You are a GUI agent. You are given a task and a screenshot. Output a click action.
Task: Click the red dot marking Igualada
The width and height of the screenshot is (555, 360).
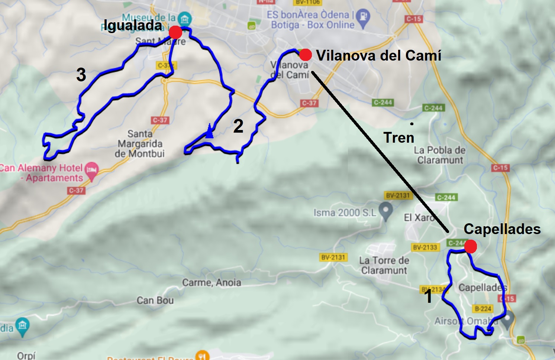tap(175, 32)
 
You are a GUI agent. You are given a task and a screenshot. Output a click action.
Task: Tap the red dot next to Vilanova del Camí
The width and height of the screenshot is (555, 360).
tap(306, 55)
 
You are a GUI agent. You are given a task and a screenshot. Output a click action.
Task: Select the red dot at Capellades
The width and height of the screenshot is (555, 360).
tap(471, 246)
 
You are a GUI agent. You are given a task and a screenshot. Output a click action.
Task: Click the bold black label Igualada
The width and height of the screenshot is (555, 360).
tap(133, 25)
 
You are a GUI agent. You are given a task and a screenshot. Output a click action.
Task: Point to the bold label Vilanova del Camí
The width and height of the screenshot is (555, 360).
tap(379, 56)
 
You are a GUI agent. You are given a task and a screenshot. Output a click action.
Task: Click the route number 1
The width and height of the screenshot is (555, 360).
tap(429, 296)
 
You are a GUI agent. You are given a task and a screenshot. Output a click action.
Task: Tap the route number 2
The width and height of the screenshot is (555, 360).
tap(238, 126)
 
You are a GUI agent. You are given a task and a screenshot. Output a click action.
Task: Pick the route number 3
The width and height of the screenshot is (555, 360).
tap(81, 75)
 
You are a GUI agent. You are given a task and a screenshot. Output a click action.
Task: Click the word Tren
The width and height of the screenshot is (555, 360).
tap(399, 138)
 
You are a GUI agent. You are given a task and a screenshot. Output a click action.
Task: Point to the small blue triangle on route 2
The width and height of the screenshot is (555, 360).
tap(210, 133)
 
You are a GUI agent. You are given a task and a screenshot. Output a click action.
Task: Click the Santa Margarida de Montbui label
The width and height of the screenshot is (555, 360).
tap(140, 144)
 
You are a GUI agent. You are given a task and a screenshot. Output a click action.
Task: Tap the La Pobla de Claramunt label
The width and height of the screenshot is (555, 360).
tap(440, 155)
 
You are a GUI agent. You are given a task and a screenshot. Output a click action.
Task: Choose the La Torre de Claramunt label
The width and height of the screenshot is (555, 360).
tap(384, 265)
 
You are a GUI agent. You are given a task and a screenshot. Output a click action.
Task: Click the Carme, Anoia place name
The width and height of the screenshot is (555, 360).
tap(212, 283)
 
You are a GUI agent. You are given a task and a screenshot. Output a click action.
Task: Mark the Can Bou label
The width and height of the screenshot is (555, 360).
tap(155, 300)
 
